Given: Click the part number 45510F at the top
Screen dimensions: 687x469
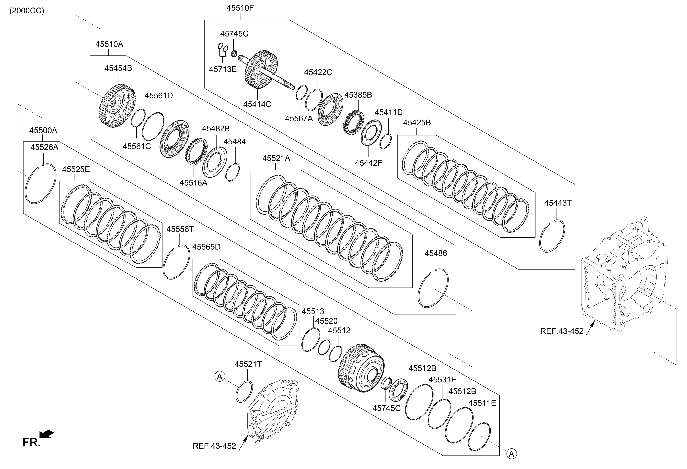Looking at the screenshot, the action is pyautogui.click(x=240, y=8).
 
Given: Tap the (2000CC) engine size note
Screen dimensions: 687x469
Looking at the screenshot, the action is pyautogui.click(x=27, y=11).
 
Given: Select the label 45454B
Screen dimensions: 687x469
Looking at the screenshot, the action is pyautogui.click(x=118, y=68).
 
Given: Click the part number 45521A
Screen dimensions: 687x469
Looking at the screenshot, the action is pyautogui.click(x=276, y=158).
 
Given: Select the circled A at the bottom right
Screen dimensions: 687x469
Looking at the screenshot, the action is pyautogui.click(x=512, y=454).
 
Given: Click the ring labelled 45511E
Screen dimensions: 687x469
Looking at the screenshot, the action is pyautogui.click(x=480, y=437).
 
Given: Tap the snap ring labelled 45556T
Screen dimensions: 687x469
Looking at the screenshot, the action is pyautogui.click(x=176, y=262).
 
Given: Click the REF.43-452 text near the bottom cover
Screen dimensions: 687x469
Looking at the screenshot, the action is pyautogui.click(x=214, y=446).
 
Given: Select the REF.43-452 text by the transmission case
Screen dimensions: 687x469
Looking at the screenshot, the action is pyautogui.click(x=562, y=331).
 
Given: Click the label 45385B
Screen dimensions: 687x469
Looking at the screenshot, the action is pyautogui.click(x=358, y=95).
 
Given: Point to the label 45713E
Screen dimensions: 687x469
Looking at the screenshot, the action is pyautogui.click(x=223, y=69).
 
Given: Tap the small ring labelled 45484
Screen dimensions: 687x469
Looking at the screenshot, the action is pyautogui.click(x=232, y=172).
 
